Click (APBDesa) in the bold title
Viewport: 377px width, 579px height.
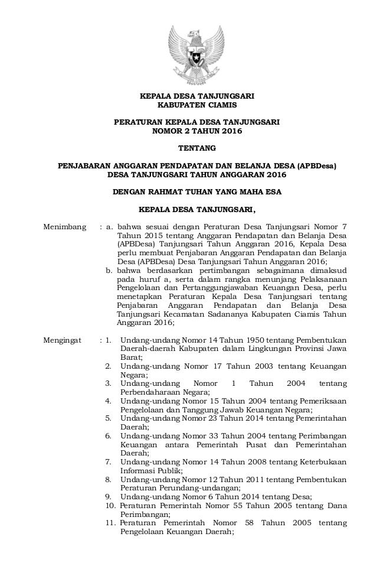(x=317, y=166)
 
